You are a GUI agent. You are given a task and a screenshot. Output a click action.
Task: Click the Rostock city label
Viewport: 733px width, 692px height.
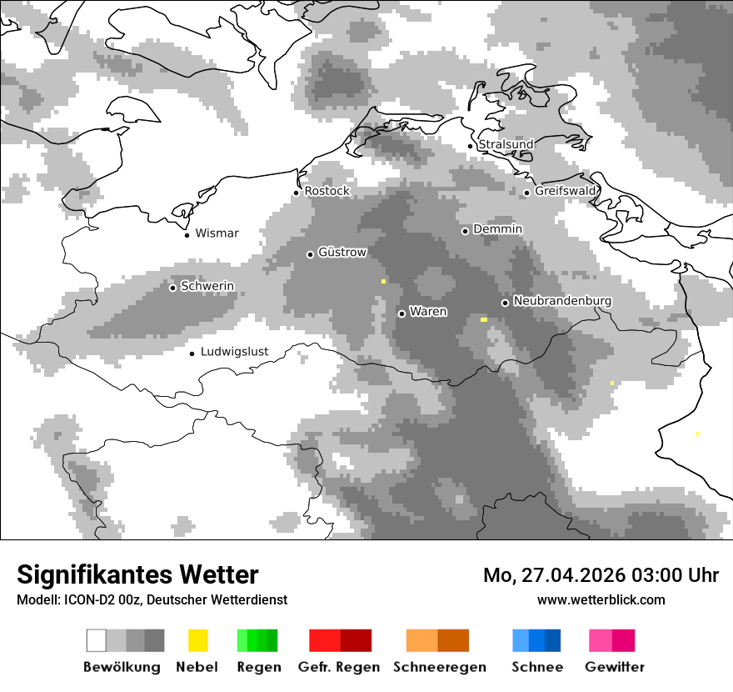[x=327, y=191]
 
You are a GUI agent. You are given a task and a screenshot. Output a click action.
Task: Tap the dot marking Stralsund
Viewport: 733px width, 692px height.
[x=471, y=146]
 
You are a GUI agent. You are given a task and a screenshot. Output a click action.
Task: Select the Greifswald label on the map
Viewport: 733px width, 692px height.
[x=566, y=191]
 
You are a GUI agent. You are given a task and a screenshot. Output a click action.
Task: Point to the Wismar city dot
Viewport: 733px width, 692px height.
[x=187, y=235]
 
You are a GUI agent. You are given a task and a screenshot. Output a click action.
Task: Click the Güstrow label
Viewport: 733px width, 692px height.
[x=342, y=252]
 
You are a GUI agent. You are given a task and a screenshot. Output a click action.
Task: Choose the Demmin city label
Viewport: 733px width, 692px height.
[x=498, y=228]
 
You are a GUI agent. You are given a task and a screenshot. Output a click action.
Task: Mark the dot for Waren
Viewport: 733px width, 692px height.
[x=402, y=313]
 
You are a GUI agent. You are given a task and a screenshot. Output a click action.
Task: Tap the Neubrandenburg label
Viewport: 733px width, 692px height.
[x=563, y=300]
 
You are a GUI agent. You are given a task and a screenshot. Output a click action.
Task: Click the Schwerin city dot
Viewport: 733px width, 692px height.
[x=172, y=288]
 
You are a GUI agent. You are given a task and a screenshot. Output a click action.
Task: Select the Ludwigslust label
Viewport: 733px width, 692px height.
[x=235, y=351]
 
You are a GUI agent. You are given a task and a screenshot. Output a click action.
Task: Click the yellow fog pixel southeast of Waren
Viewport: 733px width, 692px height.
[x=484, y=319]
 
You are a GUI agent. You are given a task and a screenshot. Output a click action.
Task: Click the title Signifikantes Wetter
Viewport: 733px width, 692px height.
[x=137, y=574]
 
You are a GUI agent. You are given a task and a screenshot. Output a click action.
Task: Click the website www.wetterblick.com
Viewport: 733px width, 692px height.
[x=601, y=599]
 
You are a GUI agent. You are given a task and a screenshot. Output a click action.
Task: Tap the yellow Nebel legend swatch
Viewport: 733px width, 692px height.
[x=197, y=640]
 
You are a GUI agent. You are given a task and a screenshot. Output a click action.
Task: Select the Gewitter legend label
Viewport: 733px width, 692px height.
[x=615, y=667]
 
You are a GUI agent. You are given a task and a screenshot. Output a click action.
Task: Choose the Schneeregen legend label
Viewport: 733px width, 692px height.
[x=440, y=667]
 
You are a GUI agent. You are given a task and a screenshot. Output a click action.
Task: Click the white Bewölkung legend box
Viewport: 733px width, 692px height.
[x=97, y=640]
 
